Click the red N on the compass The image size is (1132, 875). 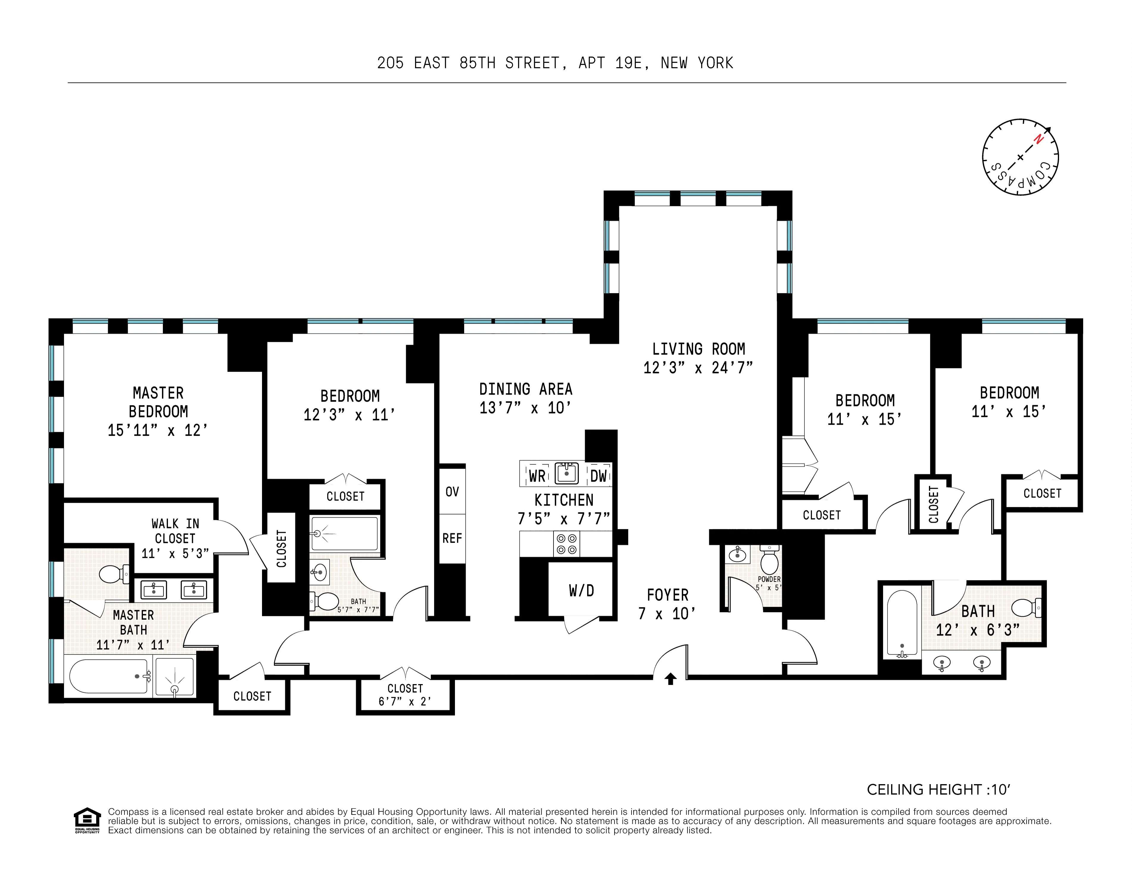tap(1038, 139)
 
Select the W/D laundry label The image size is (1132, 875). tap(581, 590)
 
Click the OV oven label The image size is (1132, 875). tap(452, 491)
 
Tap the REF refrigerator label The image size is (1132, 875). tap(452, 538)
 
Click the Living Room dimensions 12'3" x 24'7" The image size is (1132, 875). tap(698, 368)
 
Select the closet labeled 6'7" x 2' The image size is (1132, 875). tap(405, 695)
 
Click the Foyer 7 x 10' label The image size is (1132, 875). tap(667, 604)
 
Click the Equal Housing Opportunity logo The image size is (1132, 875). tap(87, 820)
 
